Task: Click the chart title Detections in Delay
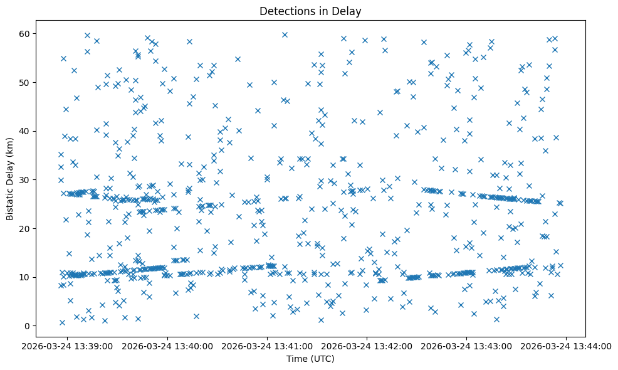310,11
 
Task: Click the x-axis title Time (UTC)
310,359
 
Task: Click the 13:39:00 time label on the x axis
68,346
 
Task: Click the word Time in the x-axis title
296,359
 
